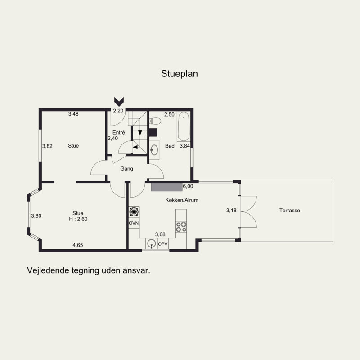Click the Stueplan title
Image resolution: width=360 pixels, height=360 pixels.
coord(179,74)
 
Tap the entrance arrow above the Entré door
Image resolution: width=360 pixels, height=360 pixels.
coord(119,102)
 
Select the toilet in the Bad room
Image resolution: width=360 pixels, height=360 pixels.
coord(155,121)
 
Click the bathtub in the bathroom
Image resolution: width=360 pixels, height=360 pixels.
coord(184,126)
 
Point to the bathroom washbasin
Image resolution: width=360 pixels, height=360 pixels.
coord(154,150)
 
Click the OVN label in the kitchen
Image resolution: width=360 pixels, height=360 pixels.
coord(134,223)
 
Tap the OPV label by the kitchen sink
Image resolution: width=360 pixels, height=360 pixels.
coord(163,244)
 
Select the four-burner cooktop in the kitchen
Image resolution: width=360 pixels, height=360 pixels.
coord(181,227)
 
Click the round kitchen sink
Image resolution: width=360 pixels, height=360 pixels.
coord(152,243)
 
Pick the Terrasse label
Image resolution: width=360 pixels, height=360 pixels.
coord(289,211)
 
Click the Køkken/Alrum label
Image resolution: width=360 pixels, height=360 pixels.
coord(182,200)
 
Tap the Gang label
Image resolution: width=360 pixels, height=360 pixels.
coord(126,169)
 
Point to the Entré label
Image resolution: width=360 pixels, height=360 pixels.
coord(119,132)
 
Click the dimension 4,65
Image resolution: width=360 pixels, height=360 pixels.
coord(77,245)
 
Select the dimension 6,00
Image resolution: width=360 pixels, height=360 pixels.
coord(188,186)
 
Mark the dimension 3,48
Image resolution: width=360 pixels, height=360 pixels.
coord(73,114)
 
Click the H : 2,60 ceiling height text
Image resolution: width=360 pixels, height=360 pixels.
coord(78,219)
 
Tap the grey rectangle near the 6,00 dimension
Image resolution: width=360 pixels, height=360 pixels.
coord(166,187)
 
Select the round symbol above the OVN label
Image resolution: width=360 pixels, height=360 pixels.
coord(134,212)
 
